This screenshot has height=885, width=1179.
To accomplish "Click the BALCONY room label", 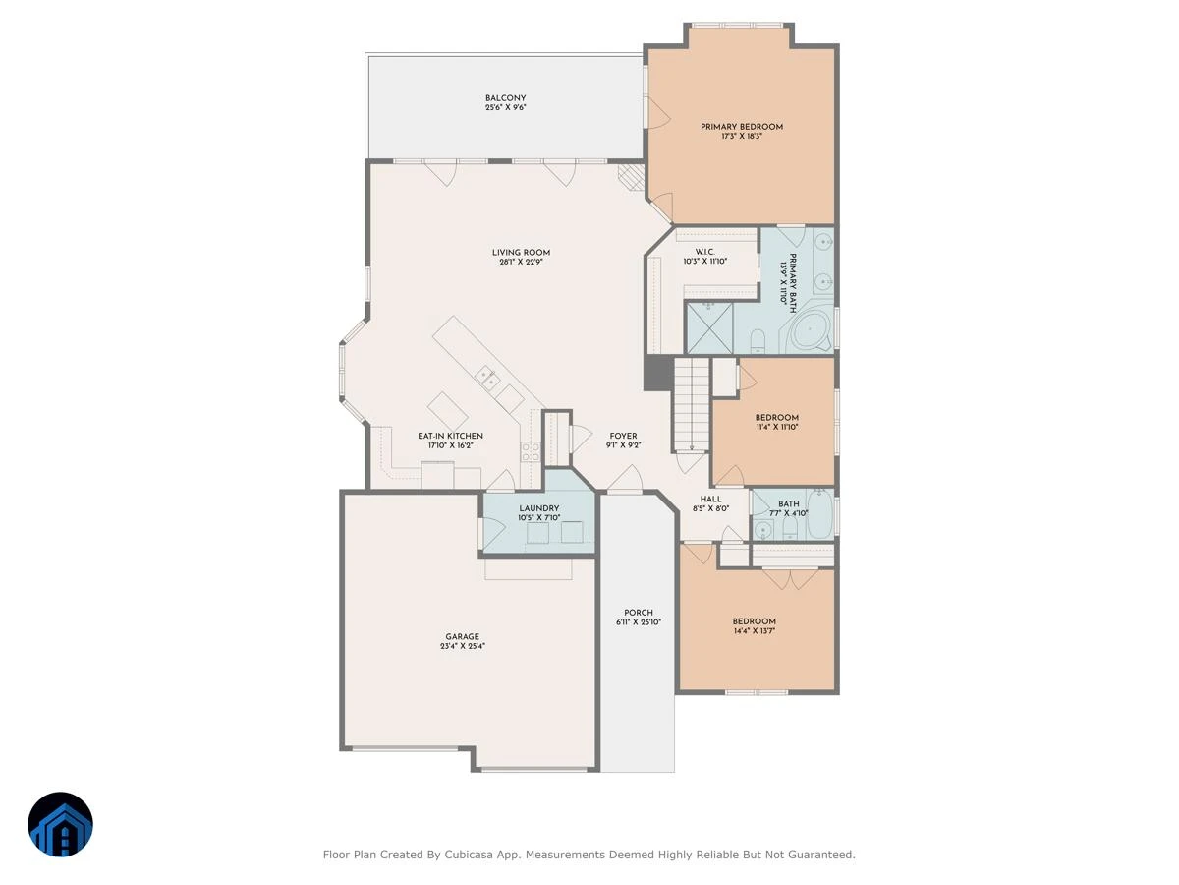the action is (x=505, y=98).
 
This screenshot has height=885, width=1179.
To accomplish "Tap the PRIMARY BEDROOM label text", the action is (x=741, y=127).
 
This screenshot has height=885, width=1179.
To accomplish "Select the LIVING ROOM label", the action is (x=521, y=253).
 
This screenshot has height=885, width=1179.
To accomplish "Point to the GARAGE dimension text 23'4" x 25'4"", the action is (x=462, y=646).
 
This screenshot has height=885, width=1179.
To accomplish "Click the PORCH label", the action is (x=638, y=613).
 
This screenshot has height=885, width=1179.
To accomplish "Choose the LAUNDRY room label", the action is (x=538, y=508).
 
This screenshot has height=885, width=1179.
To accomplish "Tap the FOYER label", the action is (x=623, y=436).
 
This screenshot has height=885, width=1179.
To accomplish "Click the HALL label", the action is (x=710, y=499).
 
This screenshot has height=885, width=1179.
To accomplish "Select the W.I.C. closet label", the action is (x=704, y=252).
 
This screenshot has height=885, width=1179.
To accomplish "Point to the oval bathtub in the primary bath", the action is (x=810, y=328).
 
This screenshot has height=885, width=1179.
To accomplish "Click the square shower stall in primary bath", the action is (x=709, y=328).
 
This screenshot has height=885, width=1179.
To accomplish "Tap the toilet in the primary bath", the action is (x=758, y=342).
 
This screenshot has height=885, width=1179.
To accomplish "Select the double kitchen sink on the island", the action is (x=488, y=378).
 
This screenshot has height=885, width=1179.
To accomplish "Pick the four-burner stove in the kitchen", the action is (x=531, y=451).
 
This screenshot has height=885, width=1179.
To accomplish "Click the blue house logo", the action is (x=60, y=824).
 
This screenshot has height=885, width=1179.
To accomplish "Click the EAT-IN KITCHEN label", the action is (x=450, y=436).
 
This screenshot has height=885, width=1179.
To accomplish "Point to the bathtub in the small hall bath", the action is (x=819, y=514).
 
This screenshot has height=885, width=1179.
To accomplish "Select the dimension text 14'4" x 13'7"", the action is (x=754, y=631).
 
